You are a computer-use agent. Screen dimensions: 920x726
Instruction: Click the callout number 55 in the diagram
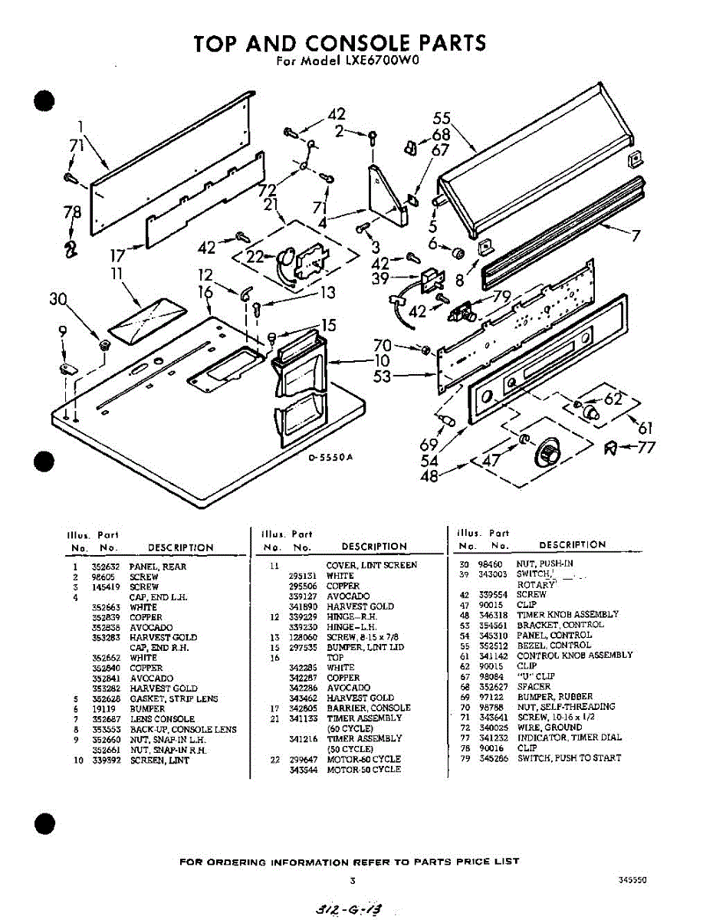[442, 119]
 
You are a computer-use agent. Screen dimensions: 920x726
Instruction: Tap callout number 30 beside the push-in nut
[58, 300]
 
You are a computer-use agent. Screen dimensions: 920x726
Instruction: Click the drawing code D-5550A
[330, 458]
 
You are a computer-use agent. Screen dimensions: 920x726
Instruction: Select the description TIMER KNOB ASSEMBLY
[567, 615]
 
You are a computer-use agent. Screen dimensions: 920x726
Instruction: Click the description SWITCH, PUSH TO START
[569, 758]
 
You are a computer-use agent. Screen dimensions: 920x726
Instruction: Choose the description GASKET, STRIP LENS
[173, 698]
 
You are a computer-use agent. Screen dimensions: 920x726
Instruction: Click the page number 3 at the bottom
[352, 880]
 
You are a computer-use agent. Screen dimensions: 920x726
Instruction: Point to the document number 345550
[632, 881]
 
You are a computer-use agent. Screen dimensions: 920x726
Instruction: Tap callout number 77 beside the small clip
[646, 447]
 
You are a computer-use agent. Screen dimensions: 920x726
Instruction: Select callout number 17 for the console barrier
[117, 256]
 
